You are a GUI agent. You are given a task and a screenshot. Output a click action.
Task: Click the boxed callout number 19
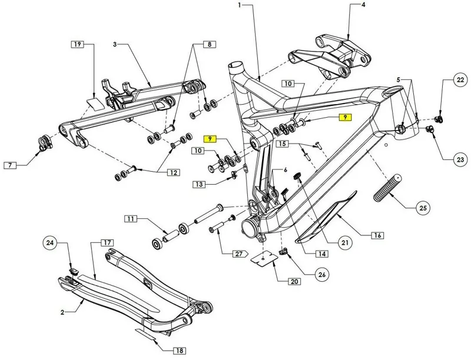(x=78, y=45)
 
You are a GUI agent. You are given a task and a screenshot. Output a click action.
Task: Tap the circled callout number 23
(x=459, y=159)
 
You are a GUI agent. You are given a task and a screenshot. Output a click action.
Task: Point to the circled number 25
(x=423, y=208)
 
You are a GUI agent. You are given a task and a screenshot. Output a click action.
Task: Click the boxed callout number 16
(x=377, y=236)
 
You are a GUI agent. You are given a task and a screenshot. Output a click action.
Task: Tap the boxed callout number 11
(x=130, y=219)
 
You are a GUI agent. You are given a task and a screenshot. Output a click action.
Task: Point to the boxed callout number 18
(x=180, y=351)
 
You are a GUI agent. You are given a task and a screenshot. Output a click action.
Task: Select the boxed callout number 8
(x=209, y=45)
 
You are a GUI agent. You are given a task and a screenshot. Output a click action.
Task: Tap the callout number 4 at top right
(x=363, y=5)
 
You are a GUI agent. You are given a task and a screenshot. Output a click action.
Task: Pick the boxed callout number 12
(x=174, y=172)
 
